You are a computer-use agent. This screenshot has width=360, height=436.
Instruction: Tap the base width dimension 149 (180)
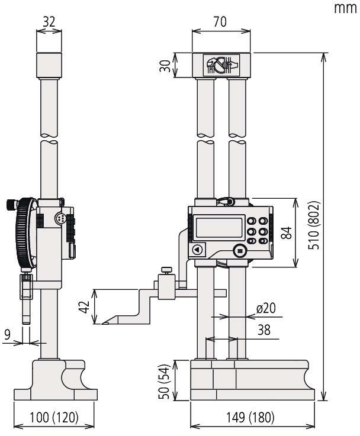point(250,418)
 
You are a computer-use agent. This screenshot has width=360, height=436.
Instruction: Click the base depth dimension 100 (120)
point(54,418)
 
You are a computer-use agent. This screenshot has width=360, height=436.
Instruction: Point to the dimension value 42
point(85,307)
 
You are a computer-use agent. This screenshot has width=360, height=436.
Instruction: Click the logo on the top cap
point(220,64)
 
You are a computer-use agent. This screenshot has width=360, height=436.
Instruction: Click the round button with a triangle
point(197,250)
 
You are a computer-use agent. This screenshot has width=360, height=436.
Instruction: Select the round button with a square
point(240,251)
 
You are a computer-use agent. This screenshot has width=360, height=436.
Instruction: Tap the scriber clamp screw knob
point(166,272)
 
